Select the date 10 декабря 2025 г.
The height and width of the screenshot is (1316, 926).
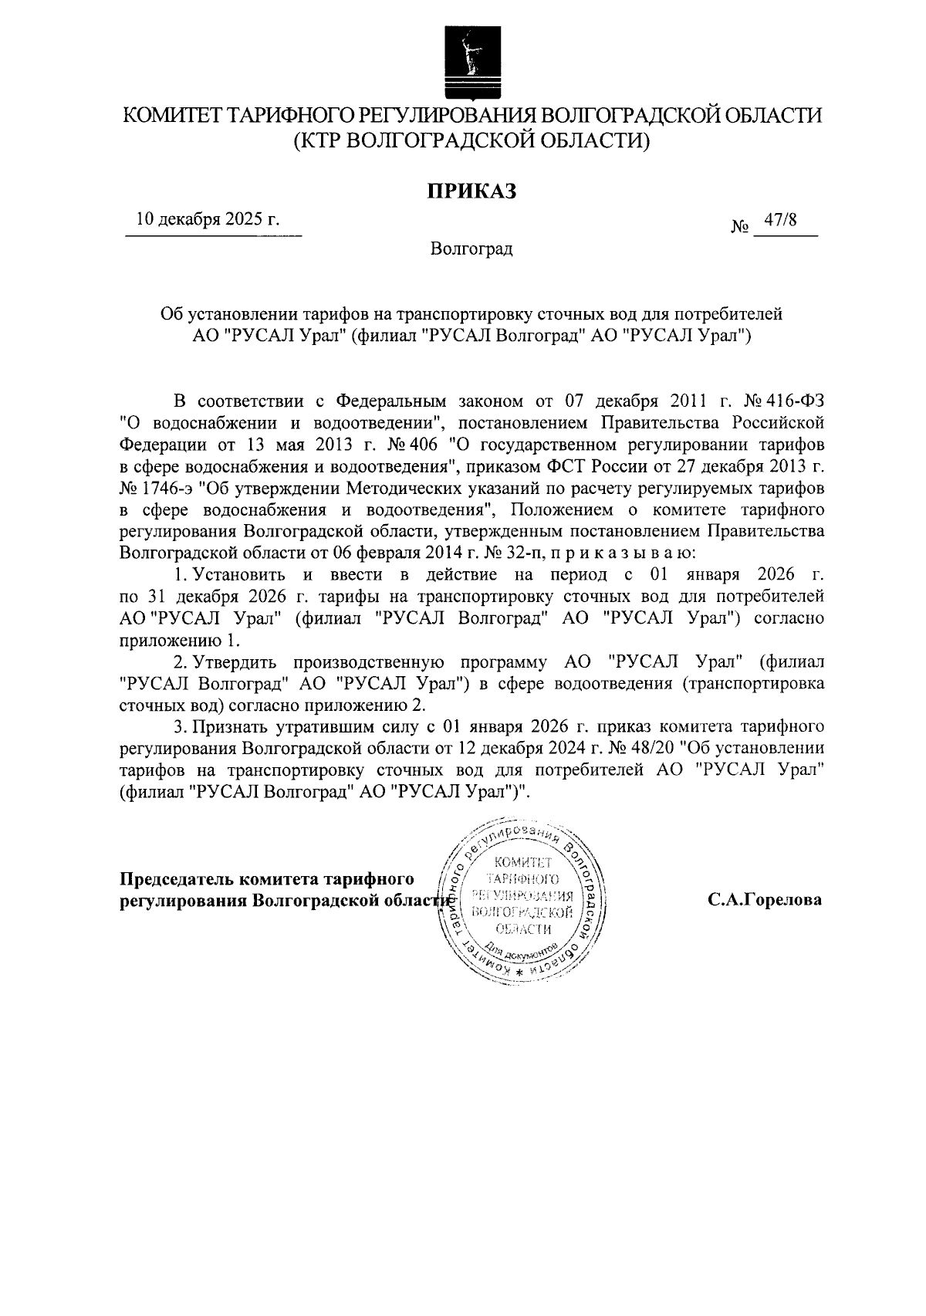click(208, 219)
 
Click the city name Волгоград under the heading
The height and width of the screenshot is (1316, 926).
click(471, 250)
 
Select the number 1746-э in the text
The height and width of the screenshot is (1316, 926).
click(168, 489)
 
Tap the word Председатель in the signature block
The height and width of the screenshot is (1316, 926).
click(176, 879)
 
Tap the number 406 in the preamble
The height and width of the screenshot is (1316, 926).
click(424, 445)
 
